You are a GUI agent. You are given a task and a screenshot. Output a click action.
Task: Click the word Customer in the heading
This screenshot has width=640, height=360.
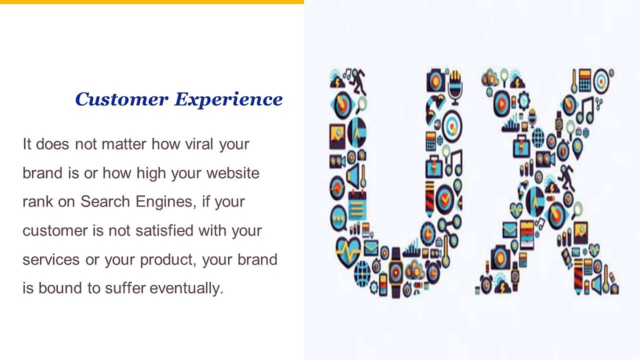121,99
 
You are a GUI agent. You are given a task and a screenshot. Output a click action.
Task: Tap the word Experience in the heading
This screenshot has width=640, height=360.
228,99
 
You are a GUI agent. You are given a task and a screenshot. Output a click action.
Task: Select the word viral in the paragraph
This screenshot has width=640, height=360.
198,144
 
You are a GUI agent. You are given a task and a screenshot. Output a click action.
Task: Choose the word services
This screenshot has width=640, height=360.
51,260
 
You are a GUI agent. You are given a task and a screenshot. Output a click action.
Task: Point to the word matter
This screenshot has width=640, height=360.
124,144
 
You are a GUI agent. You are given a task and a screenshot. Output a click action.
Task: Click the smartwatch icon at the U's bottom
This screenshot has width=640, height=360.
396,270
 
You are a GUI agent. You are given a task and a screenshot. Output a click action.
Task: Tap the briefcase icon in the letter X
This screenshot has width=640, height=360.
521,145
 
